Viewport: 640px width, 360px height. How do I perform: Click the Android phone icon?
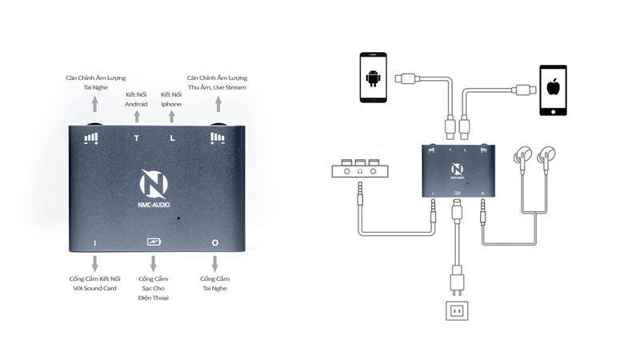[x=373, y=78]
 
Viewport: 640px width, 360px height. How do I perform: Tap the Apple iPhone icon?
[x=552, y=90]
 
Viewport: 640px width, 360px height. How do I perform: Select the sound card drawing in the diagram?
[x=359, y=169]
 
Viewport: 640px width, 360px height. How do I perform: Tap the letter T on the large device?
[x=136, y=138]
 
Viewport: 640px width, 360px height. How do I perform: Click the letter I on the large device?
[x=94, y=242]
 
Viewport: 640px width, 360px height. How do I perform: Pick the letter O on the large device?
[x=214, y=242]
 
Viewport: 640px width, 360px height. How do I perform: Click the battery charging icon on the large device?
[x=154, y=242]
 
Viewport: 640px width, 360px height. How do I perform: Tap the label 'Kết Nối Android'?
[x=136, y=99]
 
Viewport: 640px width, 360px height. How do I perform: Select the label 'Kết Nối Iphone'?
[x=171, y=99]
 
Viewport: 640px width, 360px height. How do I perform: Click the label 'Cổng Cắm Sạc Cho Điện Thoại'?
[x=154, y=287]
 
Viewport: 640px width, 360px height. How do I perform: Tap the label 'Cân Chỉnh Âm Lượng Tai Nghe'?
[x=94, y=82]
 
